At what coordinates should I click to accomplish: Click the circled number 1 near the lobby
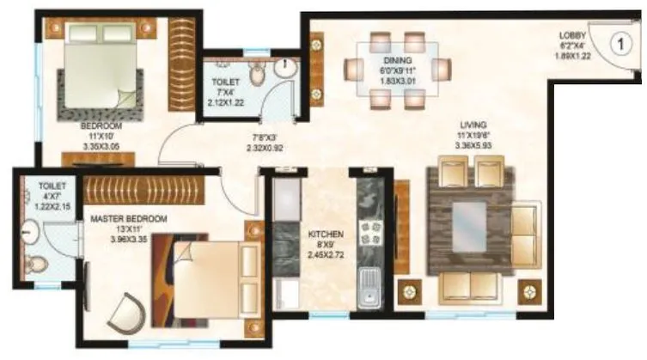pyautogui.click(x=620, y=40)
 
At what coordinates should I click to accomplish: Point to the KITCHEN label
pyautogui.click(x=326, y=234)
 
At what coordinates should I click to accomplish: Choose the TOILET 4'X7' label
pyautogui.click(x=40, y=184)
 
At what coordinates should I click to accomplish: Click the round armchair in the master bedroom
pyautogui.click(x=129, y=308)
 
